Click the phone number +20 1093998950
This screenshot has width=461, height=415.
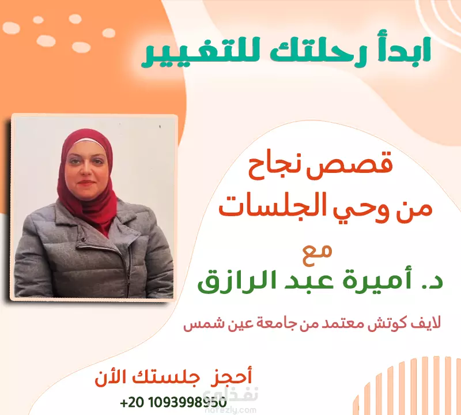click(173, 402)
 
